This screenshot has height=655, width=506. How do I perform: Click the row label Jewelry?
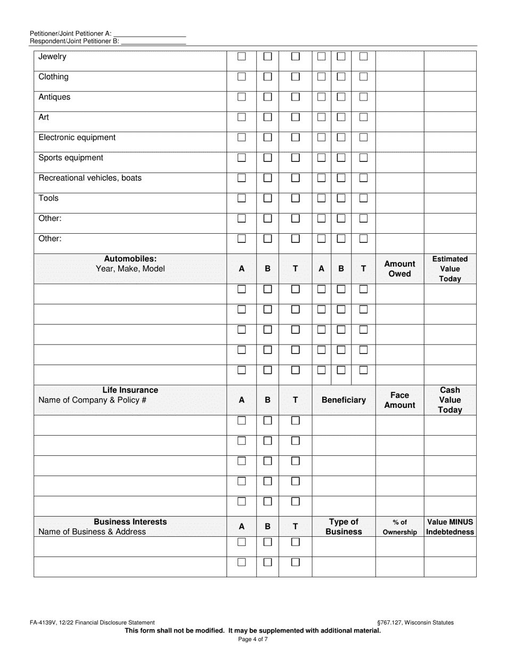pyautogui.click(x=52, y=56)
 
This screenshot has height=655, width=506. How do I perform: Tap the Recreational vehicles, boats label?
pyautogui.click(x=90, y=178)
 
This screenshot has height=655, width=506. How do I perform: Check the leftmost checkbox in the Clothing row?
pyautogui.click(x=242, y=77)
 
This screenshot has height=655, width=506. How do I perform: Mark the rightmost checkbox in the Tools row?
pyautogui.click(x=364, y=198)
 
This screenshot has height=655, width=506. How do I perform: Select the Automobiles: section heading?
pyautogui.click(x=130, y=259)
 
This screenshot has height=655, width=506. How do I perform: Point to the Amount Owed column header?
pyautogui.click(x=399, y=269)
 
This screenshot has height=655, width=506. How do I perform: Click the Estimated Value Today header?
pyautogui.click(x=450, y=269)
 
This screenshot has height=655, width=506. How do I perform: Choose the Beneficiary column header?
pyautogui.click(x=344, y=400)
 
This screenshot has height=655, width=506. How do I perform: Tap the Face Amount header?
pyautogui.click(x=399, y=400)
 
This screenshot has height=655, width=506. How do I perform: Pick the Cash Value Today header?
pyautogui.click(x=450, y=400)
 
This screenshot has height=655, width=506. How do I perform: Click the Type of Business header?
pyautogui.click(x=344, y=527)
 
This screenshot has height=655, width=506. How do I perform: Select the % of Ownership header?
pyautogui.click(x=399, y=527)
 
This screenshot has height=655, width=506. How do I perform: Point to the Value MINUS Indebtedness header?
pyautogui.click(x=450, y=527)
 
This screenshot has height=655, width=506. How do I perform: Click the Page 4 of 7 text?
pyautogui.click(x=253, y=640)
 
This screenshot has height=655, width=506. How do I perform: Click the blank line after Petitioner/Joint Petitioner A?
pyautogui.click(x=150, y=34)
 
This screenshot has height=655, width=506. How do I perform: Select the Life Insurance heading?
pyautogui.click(x=130, y=390)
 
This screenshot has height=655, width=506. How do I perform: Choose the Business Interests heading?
pyautogui.click(x=130, y=522)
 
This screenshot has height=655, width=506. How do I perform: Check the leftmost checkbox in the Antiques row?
pyautogui.click(x=242, y=97)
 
